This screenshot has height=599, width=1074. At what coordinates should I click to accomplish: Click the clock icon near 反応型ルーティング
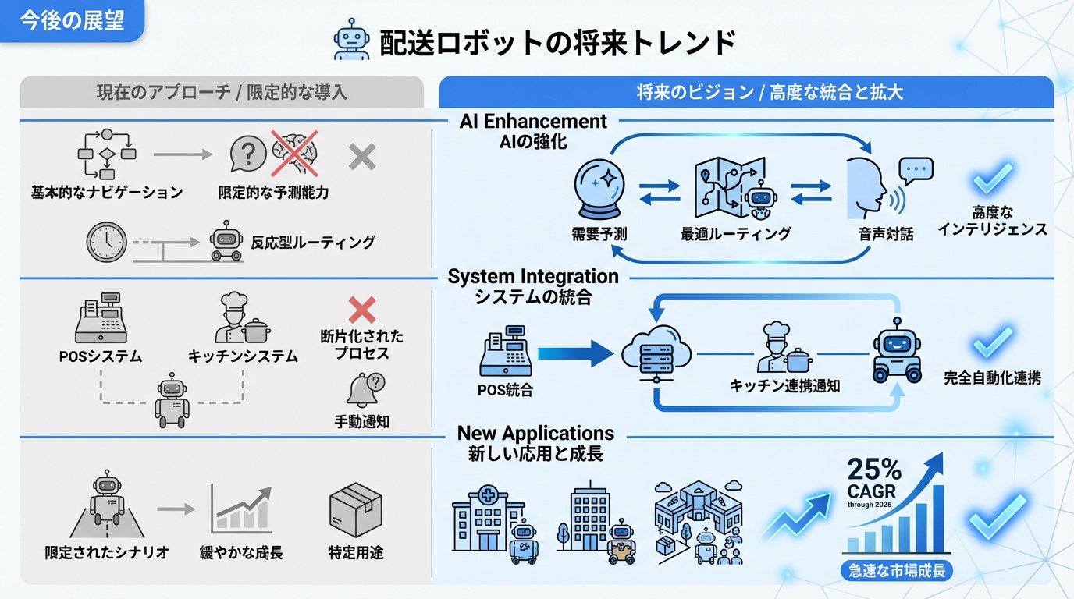point(106,242)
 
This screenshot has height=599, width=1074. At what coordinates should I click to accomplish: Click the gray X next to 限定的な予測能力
point(361,157)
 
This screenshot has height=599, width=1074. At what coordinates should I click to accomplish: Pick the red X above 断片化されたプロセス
point(361,310)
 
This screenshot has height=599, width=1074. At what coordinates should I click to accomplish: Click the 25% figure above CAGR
point(874,470)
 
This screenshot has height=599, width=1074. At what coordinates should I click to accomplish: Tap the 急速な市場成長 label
point(896,570)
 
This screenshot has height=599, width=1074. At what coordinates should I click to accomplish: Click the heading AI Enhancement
point(533,122)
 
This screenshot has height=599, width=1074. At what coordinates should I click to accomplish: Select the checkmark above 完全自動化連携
point(993,342)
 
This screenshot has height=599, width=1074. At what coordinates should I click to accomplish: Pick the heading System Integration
point(533,277)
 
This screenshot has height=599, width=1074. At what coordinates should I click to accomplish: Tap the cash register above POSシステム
point(101,321)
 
